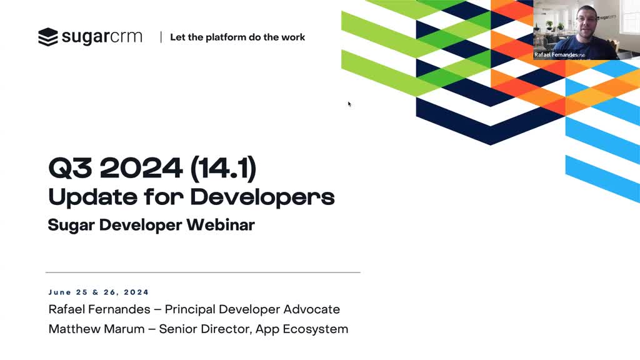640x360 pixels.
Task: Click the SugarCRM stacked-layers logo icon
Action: click(48, 37)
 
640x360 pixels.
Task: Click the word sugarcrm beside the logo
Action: click(102, 37)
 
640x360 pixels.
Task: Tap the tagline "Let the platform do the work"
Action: click(237, 37)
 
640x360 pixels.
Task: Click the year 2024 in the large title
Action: click(141, 167)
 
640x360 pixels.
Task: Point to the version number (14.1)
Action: click(223, 167)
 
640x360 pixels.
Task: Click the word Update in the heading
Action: click(92, 197)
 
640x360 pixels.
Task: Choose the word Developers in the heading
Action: click(262, 197)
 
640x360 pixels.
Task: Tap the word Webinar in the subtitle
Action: click(221, 225)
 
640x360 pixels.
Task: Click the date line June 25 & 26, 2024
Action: click(99, 292)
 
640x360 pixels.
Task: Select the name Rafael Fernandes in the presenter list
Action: click(99, 309)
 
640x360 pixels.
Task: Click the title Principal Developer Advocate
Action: click(252, 309)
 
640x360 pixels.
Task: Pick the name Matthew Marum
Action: click(96, 329)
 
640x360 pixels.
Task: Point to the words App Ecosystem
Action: click(302, 329)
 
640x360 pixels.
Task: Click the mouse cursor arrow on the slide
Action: click(349, 104)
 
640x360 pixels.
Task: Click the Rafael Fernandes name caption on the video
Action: click(559, 55)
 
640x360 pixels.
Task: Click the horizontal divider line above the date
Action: click(203, 272)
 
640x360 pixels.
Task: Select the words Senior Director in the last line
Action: click(205, 329)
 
